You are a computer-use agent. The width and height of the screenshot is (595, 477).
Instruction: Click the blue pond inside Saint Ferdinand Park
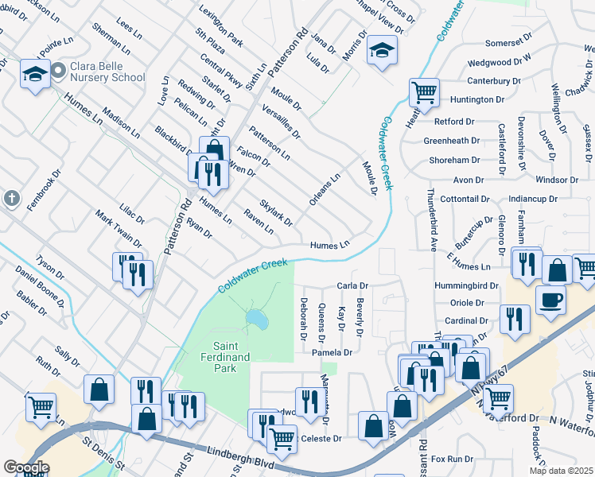257,320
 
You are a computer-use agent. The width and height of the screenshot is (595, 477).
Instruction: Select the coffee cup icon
551,300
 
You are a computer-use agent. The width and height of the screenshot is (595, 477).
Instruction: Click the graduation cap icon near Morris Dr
382,51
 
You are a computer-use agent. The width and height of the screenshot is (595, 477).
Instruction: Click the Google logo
26,467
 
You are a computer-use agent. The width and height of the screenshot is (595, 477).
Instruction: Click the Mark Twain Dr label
119,229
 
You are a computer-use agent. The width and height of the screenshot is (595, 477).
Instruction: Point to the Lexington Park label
221,26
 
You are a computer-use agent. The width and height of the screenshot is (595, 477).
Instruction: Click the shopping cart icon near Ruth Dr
41,406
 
